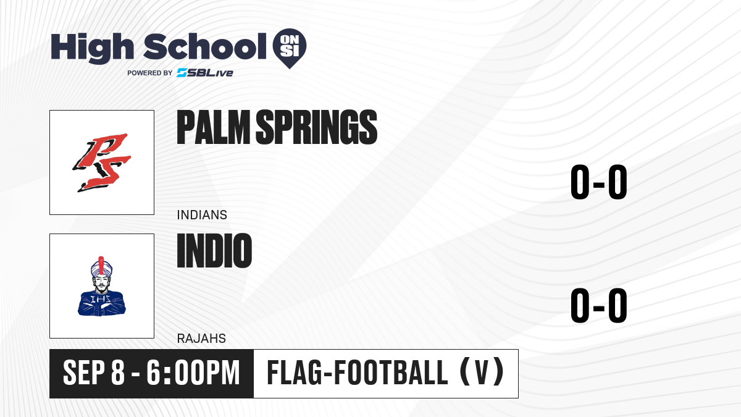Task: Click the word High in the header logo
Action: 93,48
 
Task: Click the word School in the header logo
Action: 205,46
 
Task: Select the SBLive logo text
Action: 205,73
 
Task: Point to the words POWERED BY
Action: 150,73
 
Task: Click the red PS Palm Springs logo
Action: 102,162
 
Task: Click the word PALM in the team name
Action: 214,127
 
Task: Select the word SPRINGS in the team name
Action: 317,127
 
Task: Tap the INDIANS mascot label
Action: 202,215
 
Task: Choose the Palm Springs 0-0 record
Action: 599,182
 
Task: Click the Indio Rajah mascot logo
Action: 102,286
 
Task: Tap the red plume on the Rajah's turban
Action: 101,265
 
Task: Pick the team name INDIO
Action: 214,251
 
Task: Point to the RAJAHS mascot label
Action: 201,339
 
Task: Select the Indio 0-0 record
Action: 599,305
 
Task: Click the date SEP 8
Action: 94,373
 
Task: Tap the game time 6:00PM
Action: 193,373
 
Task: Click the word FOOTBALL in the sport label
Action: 391,373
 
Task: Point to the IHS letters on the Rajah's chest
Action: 101,300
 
